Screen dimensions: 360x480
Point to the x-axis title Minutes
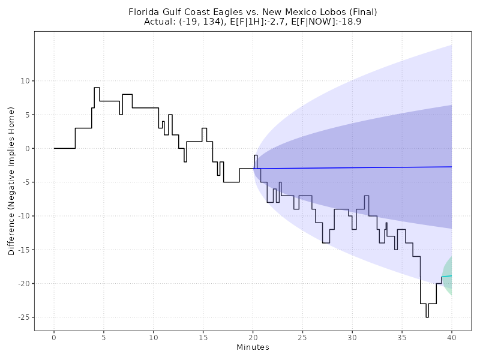pos(253,347)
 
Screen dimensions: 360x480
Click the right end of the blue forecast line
pos(451,167)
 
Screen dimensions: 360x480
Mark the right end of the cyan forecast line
pos(451,275)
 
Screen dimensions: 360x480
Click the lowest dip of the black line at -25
pos(427,317)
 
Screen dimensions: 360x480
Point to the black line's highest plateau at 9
pos(97,88)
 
